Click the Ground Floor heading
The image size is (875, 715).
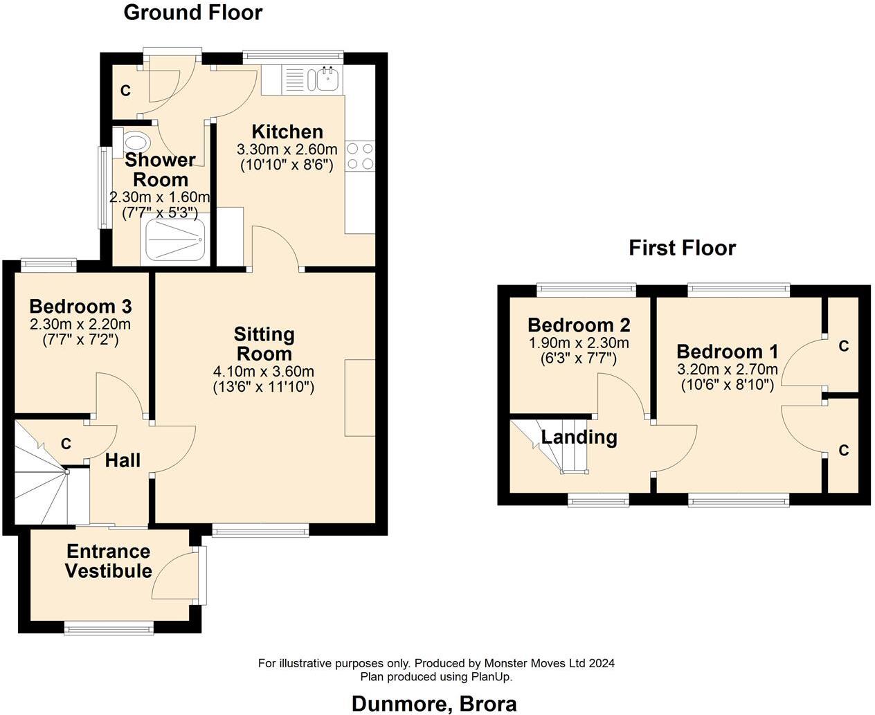pos(192,12)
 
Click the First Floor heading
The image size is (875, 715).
pos(682,248)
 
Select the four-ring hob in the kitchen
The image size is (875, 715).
pos(359,156)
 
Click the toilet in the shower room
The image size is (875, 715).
pos(136,143)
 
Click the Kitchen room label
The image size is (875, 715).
pos(287,132)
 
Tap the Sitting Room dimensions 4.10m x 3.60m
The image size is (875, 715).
pos(264,372)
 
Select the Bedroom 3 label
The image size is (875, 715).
pos(80,306)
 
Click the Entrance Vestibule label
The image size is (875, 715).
pos(109,561)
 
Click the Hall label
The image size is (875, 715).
pos(123,460)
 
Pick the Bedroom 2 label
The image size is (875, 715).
pos(579,325)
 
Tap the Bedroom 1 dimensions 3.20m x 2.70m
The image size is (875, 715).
pos(728,369)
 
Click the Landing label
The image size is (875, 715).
pos(579,437)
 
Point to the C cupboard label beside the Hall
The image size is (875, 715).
pos(66,444)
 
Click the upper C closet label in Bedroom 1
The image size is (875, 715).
pos(843,346)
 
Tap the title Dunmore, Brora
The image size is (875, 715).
pos(434,704)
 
